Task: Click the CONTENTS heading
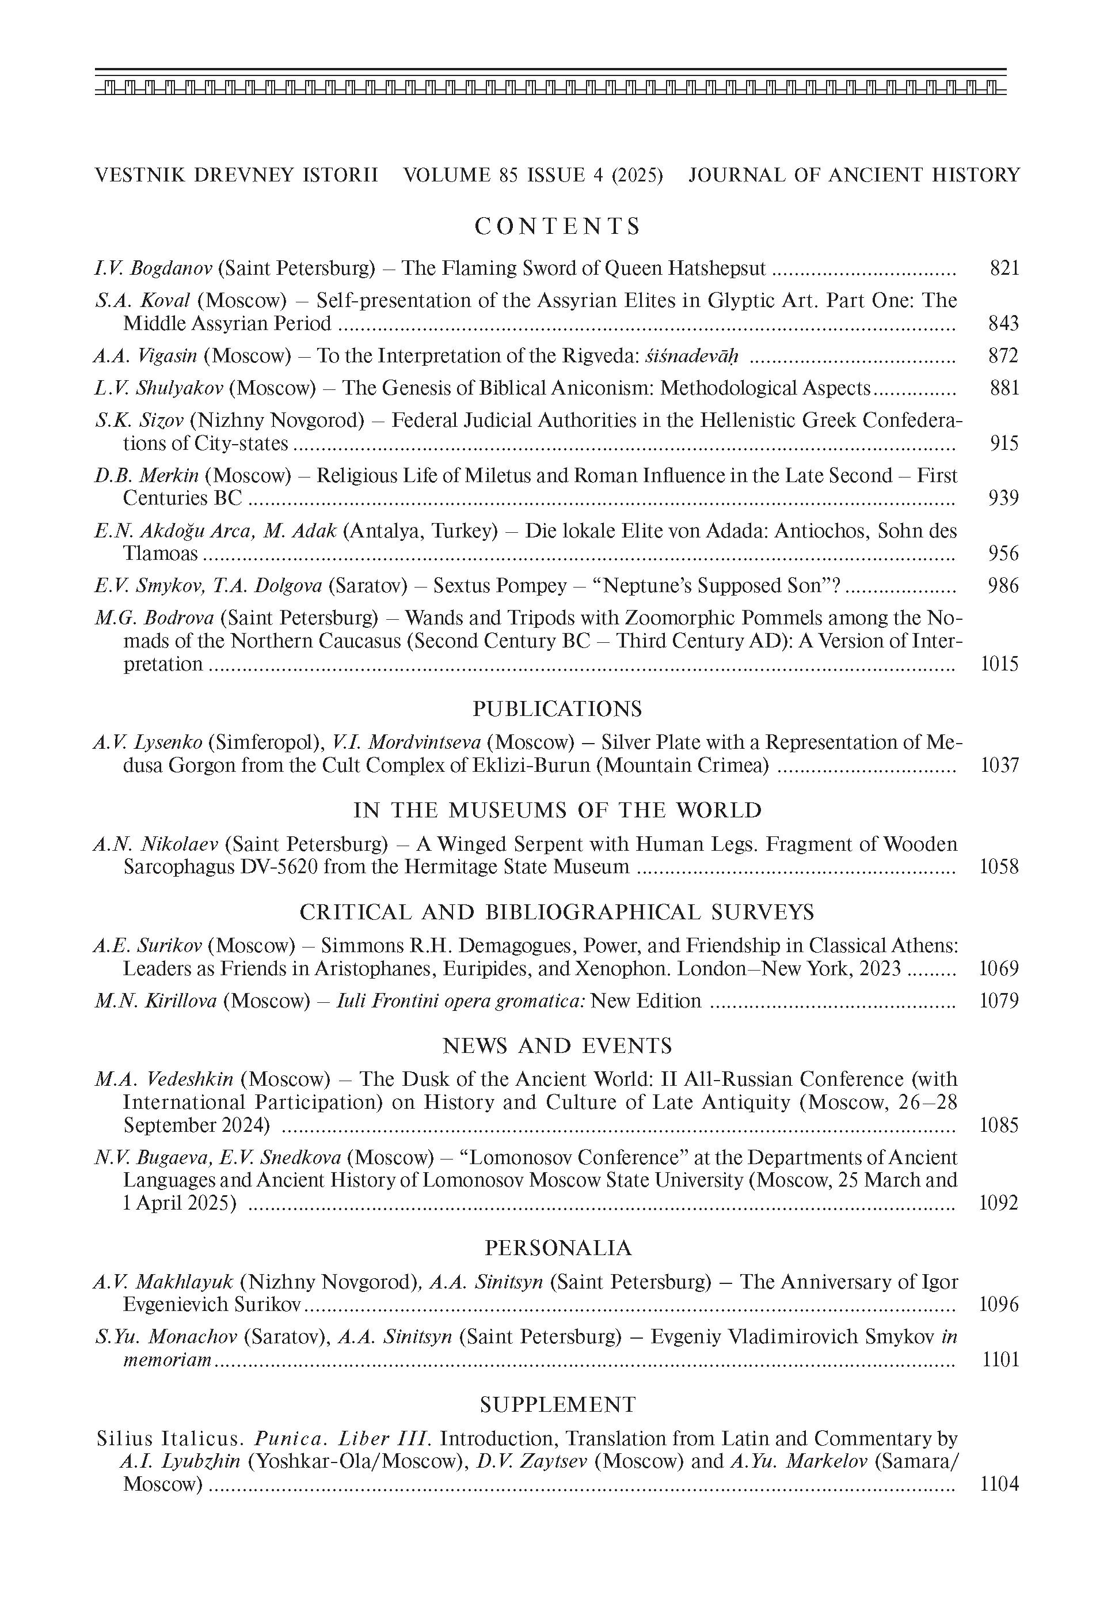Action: click(x=557, y=226)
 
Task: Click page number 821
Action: click(x=1004, y=268)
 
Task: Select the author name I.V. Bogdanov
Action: click(x=153, y=268)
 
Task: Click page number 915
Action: click(x=1004, y=443)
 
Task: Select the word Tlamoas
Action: click(x=161, y=554)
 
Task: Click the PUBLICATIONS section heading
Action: click(x=557, y=709)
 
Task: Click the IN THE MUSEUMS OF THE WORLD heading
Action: click(x=557, y=810)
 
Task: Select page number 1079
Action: click(x=999, y=1001)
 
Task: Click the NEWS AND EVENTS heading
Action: click(x=557, y=1046)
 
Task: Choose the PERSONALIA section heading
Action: click(x=557, y=1248)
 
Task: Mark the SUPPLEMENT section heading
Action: click(x=557, y=1405)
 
